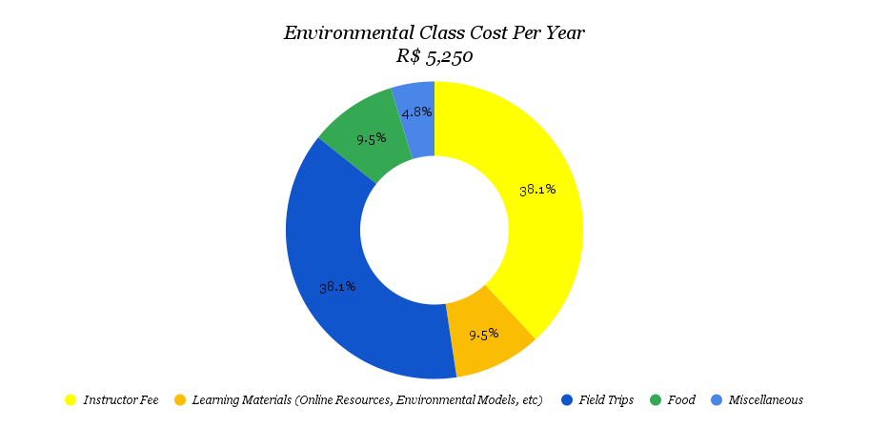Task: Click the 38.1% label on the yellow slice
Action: [537, 190]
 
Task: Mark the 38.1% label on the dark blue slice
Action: [337, 286]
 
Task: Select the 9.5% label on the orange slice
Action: [484, 335]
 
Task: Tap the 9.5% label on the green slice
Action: [372, 138]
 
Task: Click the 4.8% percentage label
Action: [417, 112]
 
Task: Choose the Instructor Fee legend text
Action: [121, 400]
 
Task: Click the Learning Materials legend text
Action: [367, 400]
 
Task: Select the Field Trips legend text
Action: [606, 400]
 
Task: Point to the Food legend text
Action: [681, 400]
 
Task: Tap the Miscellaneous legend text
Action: [765, 400]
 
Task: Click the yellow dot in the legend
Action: [71, 400]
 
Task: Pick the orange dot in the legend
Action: [179, 400]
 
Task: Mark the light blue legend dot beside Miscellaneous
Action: [716, 400]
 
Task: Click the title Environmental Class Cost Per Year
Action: [434, 33]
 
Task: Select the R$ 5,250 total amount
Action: [434, 56]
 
